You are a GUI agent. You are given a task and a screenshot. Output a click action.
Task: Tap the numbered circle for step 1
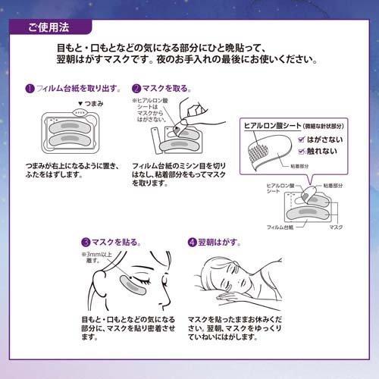tap(29, 88)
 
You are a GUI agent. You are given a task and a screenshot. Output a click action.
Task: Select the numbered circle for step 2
tap(136, 88)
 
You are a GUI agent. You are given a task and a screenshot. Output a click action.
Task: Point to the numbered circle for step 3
tap(87, 242)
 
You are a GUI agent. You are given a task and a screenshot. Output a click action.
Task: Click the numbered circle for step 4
tap(192, 242)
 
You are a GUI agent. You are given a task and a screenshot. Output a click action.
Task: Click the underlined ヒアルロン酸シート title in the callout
tap(271, 124)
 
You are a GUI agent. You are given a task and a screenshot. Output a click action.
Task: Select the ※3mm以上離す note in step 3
tap(97, 259)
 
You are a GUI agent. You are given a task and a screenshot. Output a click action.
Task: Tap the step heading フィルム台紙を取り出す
tap(70, 88)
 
